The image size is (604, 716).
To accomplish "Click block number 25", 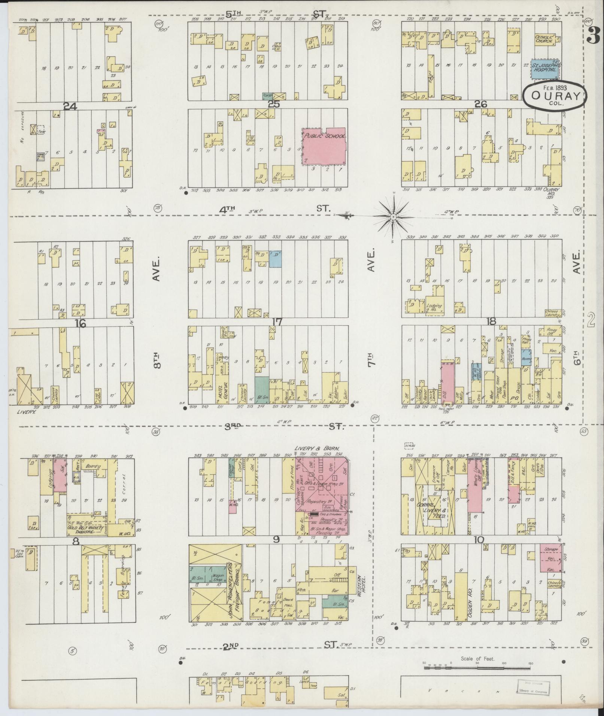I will click(x=274, y=104).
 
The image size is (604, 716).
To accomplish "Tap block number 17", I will click(x=277, y=322).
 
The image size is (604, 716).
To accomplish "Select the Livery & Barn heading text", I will click(x=317, y=448).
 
